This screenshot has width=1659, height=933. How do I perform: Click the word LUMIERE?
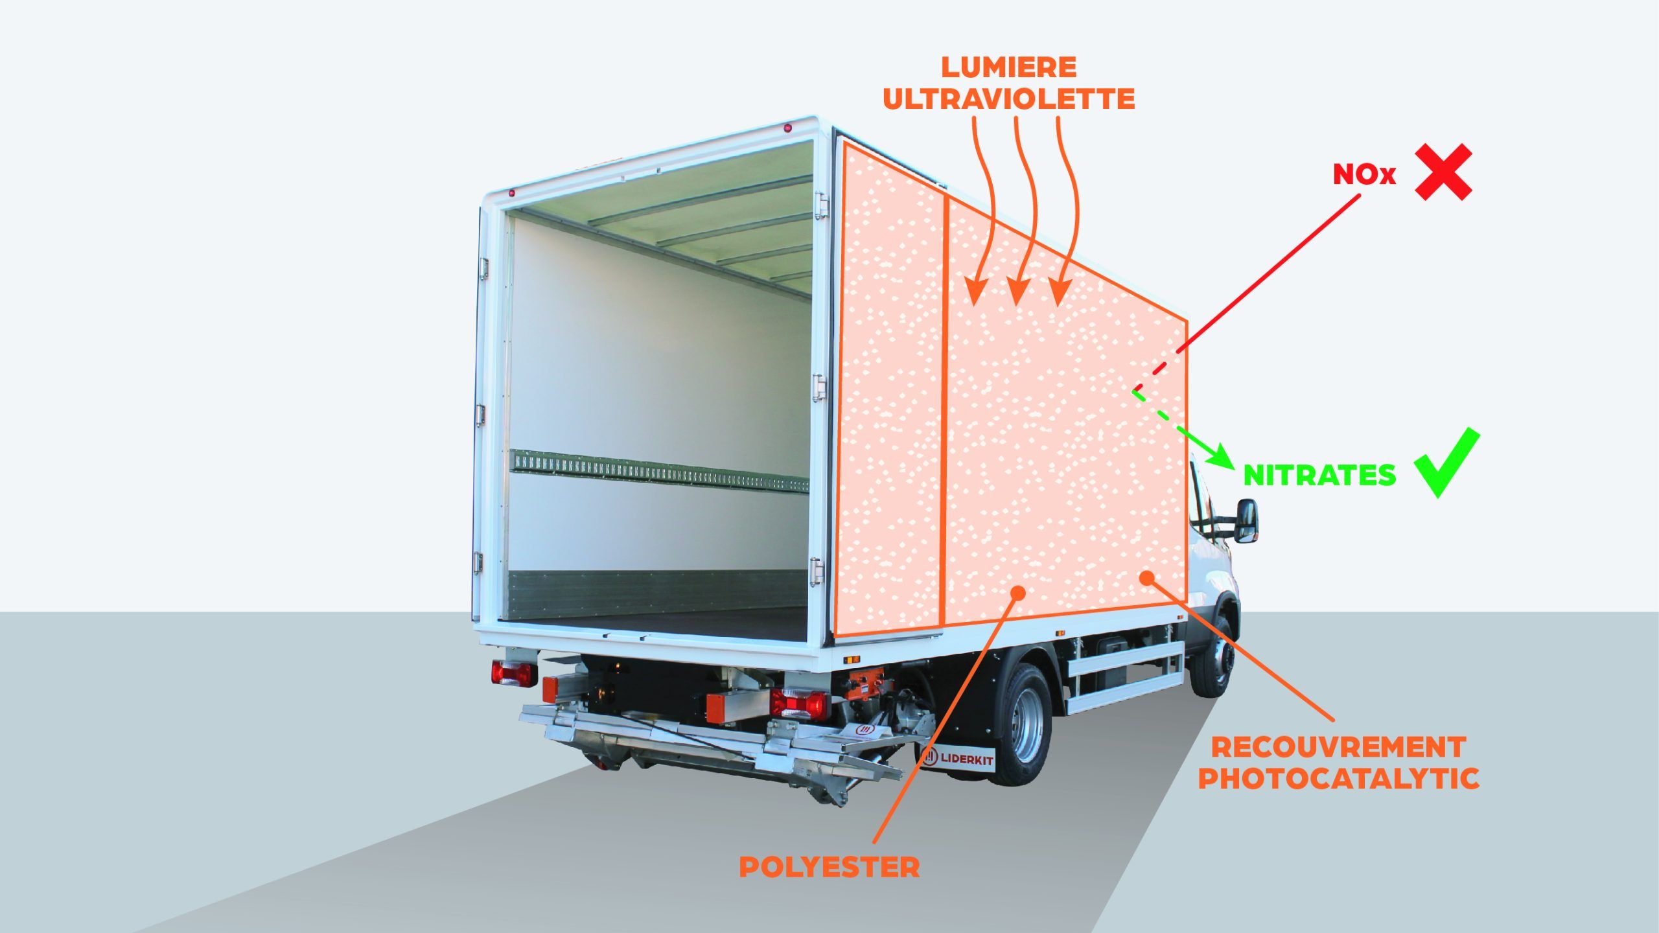tap(1010, 67)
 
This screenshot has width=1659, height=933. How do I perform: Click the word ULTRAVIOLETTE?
tap(1009, 100)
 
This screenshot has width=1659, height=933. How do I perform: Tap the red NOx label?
tap(1364, 174)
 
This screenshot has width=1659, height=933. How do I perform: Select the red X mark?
tap(1443, 172)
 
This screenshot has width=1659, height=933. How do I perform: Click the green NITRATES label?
tap(1319, 476)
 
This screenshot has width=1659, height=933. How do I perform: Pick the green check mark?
tap(1446, 463)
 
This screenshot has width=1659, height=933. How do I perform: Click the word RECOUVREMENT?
tap(1338, 748)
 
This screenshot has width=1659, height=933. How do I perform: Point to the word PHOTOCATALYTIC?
tap(1338, 779)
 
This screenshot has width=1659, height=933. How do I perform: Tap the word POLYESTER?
tap(829, 868)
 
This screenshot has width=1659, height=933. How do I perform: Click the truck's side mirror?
tap(1246, 520)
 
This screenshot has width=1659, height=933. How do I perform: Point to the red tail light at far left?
tap(513, 673)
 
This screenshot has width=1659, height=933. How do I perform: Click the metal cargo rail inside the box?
tap(659, 471)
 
